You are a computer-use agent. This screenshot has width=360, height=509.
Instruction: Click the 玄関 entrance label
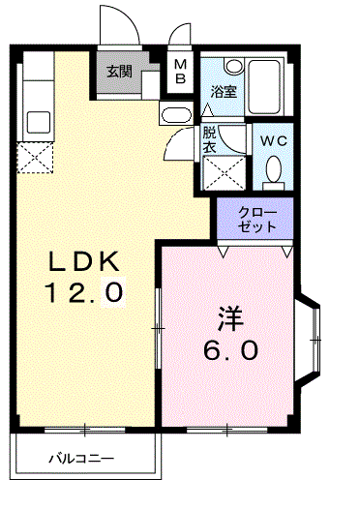[119, 72]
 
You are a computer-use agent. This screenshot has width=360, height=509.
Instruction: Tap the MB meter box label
[181, 72]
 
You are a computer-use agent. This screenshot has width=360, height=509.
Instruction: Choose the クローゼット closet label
[257, 219]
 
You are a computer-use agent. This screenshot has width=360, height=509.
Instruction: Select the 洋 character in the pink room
[229, 318]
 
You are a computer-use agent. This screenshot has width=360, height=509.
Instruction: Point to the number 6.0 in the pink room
[230, 349]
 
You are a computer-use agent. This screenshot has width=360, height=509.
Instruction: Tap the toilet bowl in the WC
[274, 170]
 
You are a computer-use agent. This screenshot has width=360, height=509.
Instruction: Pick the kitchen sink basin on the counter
[38, 122]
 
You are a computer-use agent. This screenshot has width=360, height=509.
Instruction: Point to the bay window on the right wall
[313, 338]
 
